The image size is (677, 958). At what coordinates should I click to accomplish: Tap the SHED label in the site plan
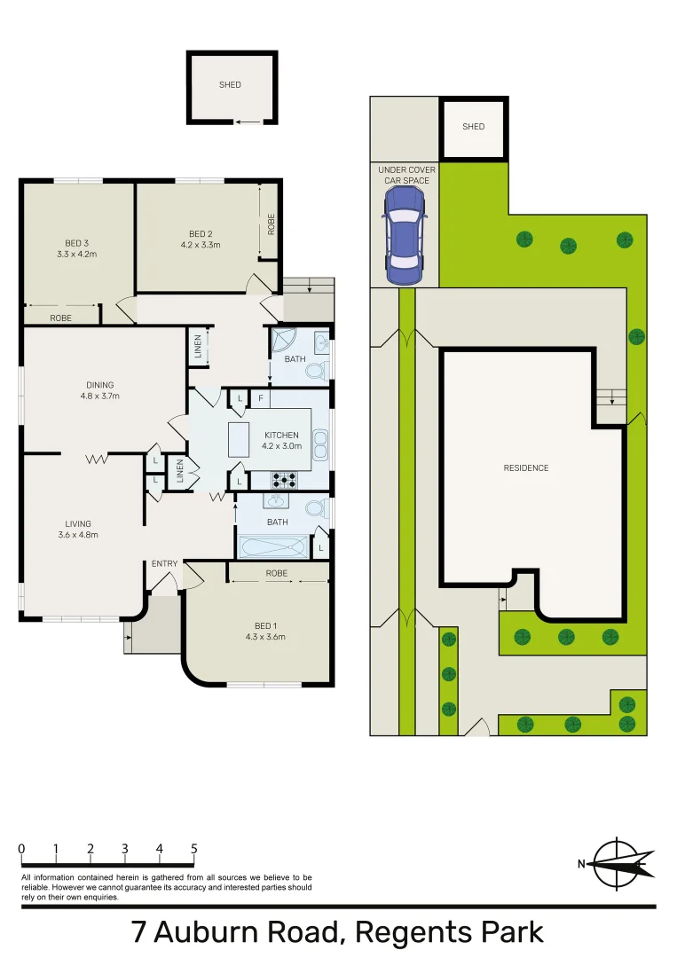474,127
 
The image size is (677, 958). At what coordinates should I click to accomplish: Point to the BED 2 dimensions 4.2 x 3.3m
200,245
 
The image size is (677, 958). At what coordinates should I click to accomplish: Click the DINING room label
99,385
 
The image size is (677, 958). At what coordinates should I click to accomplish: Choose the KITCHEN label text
281,435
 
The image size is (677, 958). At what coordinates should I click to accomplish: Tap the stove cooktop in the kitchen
284,480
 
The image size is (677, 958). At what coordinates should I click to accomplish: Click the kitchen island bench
240,439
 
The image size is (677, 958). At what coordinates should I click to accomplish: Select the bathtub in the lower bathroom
273,547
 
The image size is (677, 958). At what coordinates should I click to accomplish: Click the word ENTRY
164,563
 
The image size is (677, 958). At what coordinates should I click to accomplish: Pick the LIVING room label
77,523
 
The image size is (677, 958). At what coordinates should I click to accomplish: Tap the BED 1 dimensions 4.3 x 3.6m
265,636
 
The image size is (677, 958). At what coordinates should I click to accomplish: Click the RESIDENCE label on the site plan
526,468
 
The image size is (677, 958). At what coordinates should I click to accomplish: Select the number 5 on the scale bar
194,849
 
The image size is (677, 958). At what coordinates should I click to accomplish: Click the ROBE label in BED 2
271,224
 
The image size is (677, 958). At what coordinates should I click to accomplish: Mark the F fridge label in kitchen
260,399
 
